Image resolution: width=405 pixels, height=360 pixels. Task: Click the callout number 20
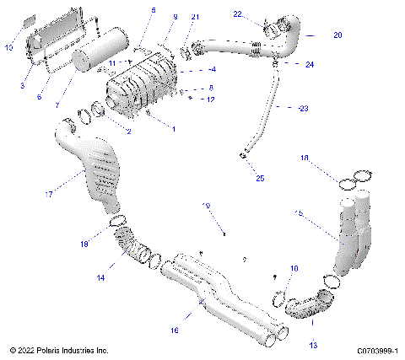click(314, 35)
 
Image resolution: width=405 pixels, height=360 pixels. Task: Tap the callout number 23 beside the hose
click(304, 107)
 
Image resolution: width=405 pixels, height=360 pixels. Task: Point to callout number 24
click(310, 65)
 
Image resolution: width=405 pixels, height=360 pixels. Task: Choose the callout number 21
click(196, 17)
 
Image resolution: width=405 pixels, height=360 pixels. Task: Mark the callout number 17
click(49, 195)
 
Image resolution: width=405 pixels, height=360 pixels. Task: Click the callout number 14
click(101, 276)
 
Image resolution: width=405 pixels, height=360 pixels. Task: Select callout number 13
click(315, 345)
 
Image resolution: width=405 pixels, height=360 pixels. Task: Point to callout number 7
click(58, 106)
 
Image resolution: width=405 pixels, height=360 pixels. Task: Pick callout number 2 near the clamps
click(128, 132)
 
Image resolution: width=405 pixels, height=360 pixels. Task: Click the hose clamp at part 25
click(243, 155)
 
